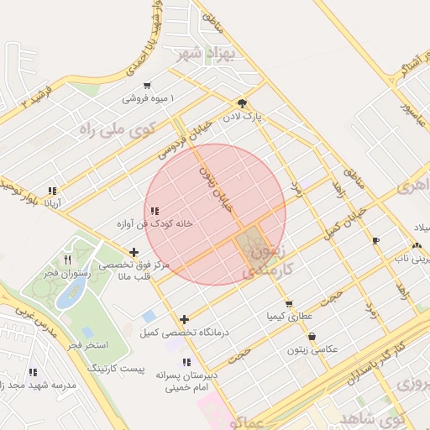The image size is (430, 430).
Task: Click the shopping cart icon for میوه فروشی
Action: coord(148,85)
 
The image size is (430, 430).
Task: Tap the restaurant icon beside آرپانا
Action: coord(53,191)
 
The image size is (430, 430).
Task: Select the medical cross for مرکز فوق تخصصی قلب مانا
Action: coord(134,252)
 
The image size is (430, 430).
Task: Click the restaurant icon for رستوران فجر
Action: coord(68,260)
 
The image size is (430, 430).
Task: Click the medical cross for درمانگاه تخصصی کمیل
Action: coord(185,319)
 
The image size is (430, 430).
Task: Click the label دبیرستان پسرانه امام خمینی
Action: coord(186,383)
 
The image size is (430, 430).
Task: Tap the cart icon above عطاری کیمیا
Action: coord(289,304)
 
